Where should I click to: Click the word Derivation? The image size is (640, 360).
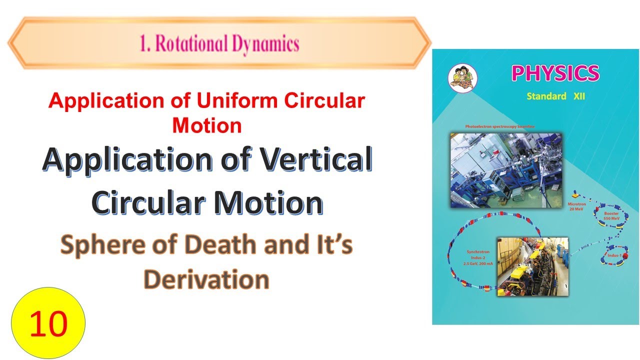click(x=206, y=280)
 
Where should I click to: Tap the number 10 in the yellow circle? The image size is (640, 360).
click(x=48, y=323)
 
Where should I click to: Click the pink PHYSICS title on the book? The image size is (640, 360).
click(x=555, y=73)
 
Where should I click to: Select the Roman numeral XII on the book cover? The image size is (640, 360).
click(x=578, y=96)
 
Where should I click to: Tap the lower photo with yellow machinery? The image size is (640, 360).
click(x=532, y=266)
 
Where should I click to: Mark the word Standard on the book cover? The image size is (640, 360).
click(x=546, y=96)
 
